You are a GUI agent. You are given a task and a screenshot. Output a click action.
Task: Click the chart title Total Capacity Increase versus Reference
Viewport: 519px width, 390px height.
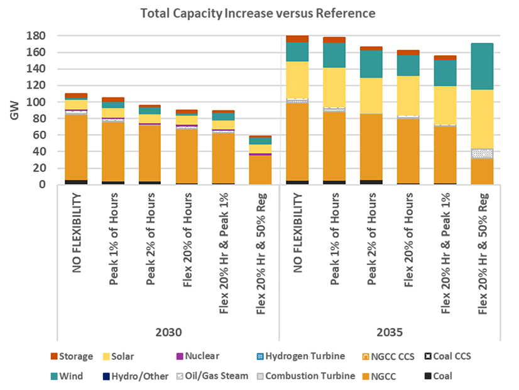pyautogui.click(x=259, y=13)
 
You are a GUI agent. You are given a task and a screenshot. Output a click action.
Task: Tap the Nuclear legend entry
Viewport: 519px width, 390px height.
pyautogui.click(x=202, y=357)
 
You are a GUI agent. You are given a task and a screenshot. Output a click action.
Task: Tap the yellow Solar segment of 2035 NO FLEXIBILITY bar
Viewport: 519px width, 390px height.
pyautogui.click(x=297, y=79)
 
